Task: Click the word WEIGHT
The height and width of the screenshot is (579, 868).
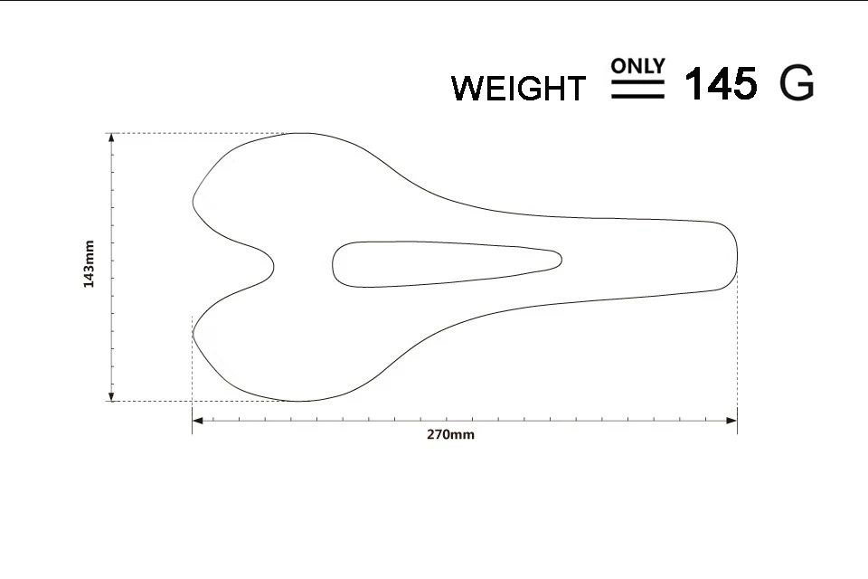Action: pyautogui.click(x=518, y=88)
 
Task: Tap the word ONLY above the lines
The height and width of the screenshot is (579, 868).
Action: pyautogui.click(x=637, y=65)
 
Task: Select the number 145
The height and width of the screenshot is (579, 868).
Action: pyautogui.click(x=721, y=83)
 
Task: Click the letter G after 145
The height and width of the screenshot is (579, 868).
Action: pyautogui.click(x=797, y=83)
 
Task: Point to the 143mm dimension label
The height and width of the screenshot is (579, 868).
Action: pyautogui.click(x=89, y=264)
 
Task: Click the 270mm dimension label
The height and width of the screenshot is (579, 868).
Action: pyautogui.click(x=450, y=434)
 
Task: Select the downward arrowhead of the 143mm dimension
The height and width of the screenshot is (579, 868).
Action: pyautogui.click(x=112, y=396)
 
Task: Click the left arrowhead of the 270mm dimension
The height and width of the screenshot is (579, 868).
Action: pyautogui.click(x=197, y=421)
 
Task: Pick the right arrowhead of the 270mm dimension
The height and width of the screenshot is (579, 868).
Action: pyautogui.click(x=731, y=421)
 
